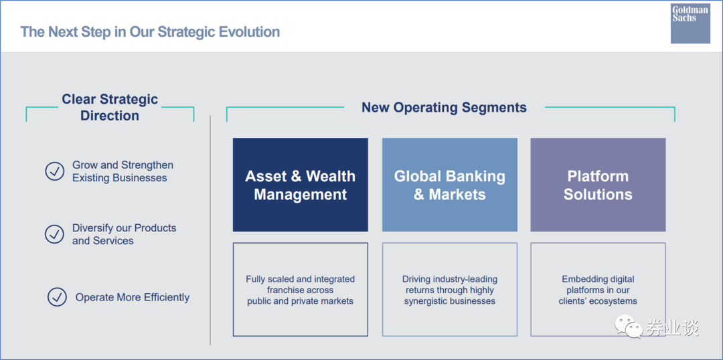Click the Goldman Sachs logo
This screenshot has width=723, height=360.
coord(690,23)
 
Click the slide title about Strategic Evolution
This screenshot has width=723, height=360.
coord(151,32)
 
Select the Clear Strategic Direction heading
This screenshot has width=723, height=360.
coord(110,108)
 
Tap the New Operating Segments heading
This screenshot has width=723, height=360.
coord(444,108)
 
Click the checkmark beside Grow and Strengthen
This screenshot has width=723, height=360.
coord(55,171)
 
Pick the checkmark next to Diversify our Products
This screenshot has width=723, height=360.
coord(54,234)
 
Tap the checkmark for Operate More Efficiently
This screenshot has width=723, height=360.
coord(57,297)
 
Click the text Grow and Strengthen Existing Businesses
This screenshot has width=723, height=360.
coord(123,171)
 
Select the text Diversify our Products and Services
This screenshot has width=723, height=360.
coord(124,234)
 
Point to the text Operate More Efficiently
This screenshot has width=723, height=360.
coord(133,297)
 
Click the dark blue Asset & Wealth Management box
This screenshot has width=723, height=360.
coord(300,185)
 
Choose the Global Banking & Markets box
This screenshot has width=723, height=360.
coord(450,185)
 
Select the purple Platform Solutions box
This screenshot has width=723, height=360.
coord(598,185)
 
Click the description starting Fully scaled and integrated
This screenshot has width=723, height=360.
coord(300,290)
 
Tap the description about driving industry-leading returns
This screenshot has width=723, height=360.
coord(450,290)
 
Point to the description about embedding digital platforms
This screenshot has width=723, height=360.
coord(598,290)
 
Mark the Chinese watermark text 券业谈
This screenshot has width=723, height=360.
coord(672,328)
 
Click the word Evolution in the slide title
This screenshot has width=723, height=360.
coord(249,32)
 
